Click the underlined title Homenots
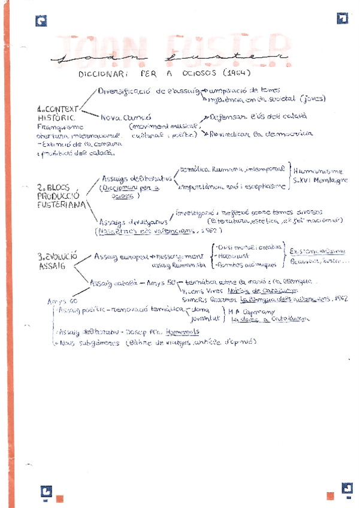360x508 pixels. [183, 331]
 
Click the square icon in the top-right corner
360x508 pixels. [342, 19]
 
